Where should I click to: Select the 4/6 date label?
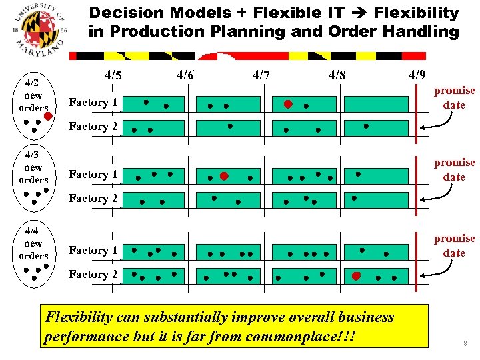(185, 75)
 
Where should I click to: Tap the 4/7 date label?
(261, 75)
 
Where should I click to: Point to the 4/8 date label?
(337, 75)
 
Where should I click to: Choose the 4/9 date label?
(417, 75)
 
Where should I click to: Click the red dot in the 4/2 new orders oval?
(47, 117)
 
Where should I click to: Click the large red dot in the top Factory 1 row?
(288, 104)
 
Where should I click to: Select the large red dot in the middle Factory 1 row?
(224, 177)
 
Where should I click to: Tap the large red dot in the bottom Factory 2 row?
(357, 275)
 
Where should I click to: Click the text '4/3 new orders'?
(33, 167)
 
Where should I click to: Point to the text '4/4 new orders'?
(33, 243)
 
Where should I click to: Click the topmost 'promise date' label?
(454, 97)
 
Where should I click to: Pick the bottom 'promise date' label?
(454, 245)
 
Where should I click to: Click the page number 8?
(465, 344)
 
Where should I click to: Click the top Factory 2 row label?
(93, 126)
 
